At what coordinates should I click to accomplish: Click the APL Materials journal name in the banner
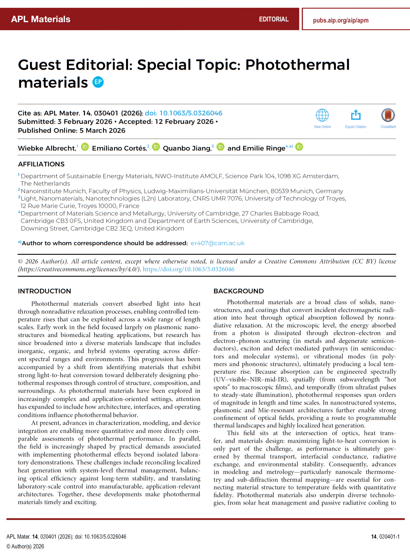click(x=40, y=19)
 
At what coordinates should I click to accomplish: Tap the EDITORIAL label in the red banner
click(x=273, y=19)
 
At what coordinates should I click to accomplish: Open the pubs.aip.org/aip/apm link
click(x=341, y=20)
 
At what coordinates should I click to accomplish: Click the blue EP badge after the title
click(x=98, y=82)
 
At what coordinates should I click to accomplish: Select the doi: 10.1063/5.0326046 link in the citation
click(x=183, y=113)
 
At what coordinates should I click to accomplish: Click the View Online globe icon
click(x=322, y=115)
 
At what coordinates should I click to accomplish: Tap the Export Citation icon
click(x=355, y=115)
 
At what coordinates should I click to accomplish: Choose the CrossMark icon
click(x=388, y=115)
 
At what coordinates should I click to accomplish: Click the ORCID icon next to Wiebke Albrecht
click(x=85, y=147)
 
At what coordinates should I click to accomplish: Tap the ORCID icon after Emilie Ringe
click(x=299, y=147)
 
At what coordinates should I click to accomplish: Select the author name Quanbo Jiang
click(x=187, y=148)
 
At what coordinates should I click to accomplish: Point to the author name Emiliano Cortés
click(x=119, y=148)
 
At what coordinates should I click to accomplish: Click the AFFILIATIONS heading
click(x=41, y=164)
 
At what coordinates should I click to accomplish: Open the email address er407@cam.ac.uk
click(x=217, y=243)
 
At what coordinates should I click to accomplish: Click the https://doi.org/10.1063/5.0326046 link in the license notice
click(x=189, y=269)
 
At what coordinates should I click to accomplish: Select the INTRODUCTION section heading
click(x=44, y=291)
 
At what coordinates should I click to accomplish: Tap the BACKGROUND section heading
click(x=238, y=291)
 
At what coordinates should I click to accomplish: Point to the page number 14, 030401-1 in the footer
click(x=385, y=537)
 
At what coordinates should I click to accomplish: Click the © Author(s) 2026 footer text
click(x=25, y=546)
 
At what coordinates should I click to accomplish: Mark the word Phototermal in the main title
click(x=297, y=65)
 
